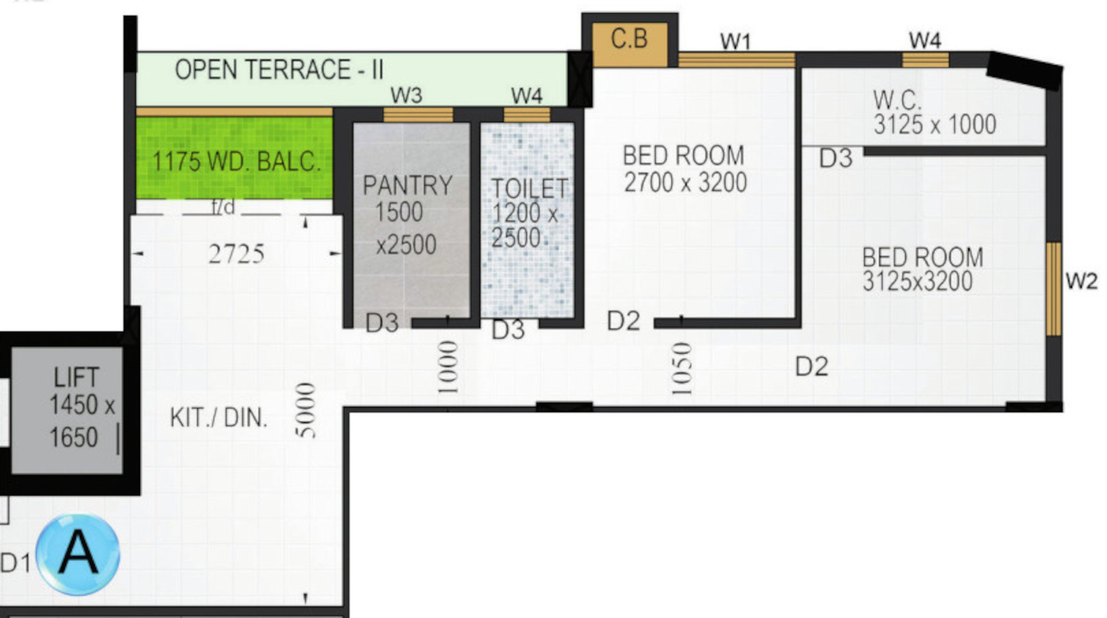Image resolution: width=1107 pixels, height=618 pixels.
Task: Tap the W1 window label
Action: tap(735, 42)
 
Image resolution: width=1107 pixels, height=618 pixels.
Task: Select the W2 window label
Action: tap(1082, 282)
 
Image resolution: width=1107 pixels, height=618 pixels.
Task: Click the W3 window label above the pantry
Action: tap(406, 95)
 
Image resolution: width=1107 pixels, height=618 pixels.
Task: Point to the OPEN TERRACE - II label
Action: tap(279, 69)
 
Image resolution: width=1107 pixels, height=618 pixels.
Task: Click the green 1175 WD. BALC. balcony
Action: tap(234, 158)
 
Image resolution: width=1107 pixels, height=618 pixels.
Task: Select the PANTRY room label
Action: tap(407, 186)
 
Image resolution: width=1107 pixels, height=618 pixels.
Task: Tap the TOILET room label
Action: tap(529, 189)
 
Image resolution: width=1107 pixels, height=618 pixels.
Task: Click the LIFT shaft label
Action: tap(76, 377)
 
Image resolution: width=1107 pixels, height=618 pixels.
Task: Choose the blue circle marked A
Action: tap(78, 553)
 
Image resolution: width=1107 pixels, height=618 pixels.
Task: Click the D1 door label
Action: tap(15, 563)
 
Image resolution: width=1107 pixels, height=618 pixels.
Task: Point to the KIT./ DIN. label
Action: tap(218, 418)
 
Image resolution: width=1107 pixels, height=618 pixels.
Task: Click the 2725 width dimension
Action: tap(236, 254)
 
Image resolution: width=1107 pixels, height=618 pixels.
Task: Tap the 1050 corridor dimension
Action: tap(681, 369)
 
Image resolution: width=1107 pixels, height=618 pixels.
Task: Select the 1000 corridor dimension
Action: tap(448, 367)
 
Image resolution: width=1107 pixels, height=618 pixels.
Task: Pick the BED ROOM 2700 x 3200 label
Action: tap(685, 169)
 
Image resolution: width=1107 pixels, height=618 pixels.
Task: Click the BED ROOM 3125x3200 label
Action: tap(922, 269)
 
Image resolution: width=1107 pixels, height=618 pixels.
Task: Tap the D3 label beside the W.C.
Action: tap(836, 159)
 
